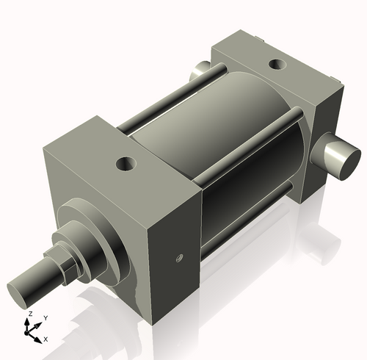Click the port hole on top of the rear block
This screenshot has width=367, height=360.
[277, 64]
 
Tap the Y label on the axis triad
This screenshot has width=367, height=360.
[46, 317]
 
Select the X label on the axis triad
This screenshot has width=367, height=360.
[46, 339]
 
